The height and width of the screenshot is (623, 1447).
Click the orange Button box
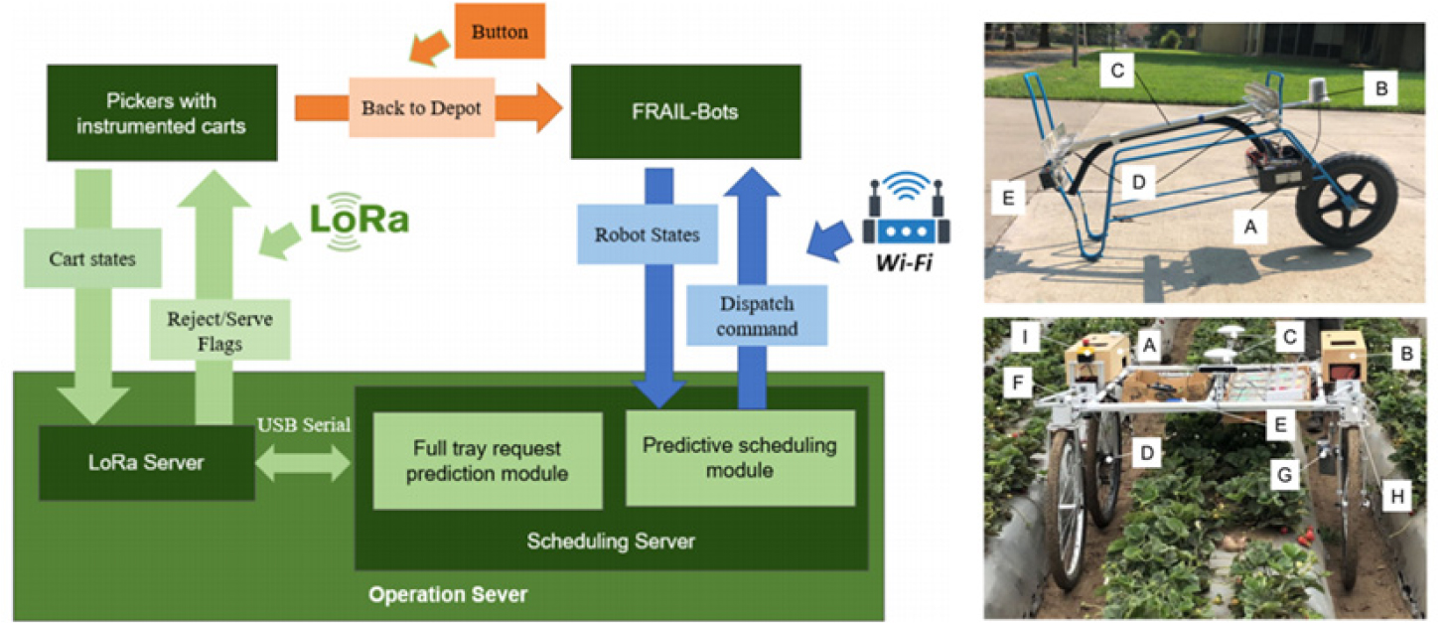pyautogui.click(x=500, y=32)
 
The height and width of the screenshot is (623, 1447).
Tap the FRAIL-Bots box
pyautogui.click(x=685, y=111)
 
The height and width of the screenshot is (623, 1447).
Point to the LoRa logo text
pyautogui.click(x=359, y=218)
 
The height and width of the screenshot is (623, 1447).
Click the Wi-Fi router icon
pyautogui.click(x=908, y=212)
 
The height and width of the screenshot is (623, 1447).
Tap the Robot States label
pyautogui.click(x=647, y=235)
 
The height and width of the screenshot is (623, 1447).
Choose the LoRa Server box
pyautogui.click(x=146, y=462)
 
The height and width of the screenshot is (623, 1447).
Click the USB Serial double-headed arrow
pyautogui.click(x=304, y=462)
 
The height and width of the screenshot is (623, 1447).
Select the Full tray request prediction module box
pyautogui.click(x=488, y=461)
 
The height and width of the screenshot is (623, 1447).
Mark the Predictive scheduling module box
pyautogui.click(x=739, y=457)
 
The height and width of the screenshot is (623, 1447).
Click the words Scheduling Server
pyautogui.click(x=611, y=542)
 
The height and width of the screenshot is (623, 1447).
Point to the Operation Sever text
pyautogui.click(x=448, y=595)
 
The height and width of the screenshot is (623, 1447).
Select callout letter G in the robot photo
pyautogui.click(x=1285, y=475)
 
